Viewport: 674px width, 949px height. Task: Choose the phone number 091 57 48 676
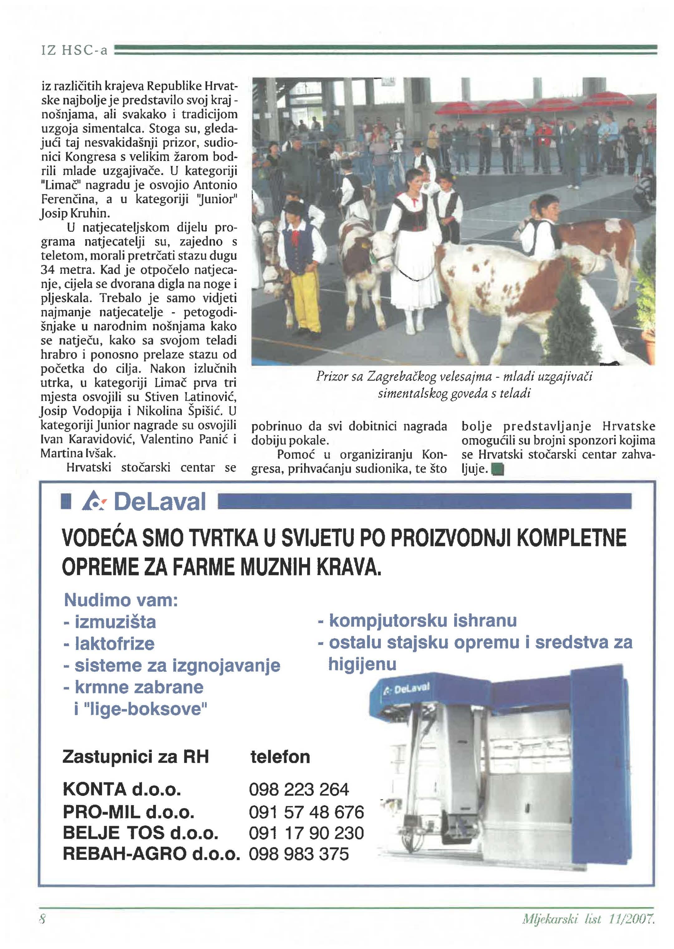point(306,812)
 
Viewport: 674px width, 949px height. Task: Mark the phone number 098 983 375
point(299,854)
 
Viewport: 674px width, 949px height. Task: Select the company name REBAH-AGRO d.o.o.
point(152,854)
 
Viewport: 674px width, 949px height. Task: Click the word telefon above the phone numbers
point(280,757)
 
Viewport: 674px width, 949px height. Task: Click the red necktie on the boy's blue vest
point(295,237)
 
